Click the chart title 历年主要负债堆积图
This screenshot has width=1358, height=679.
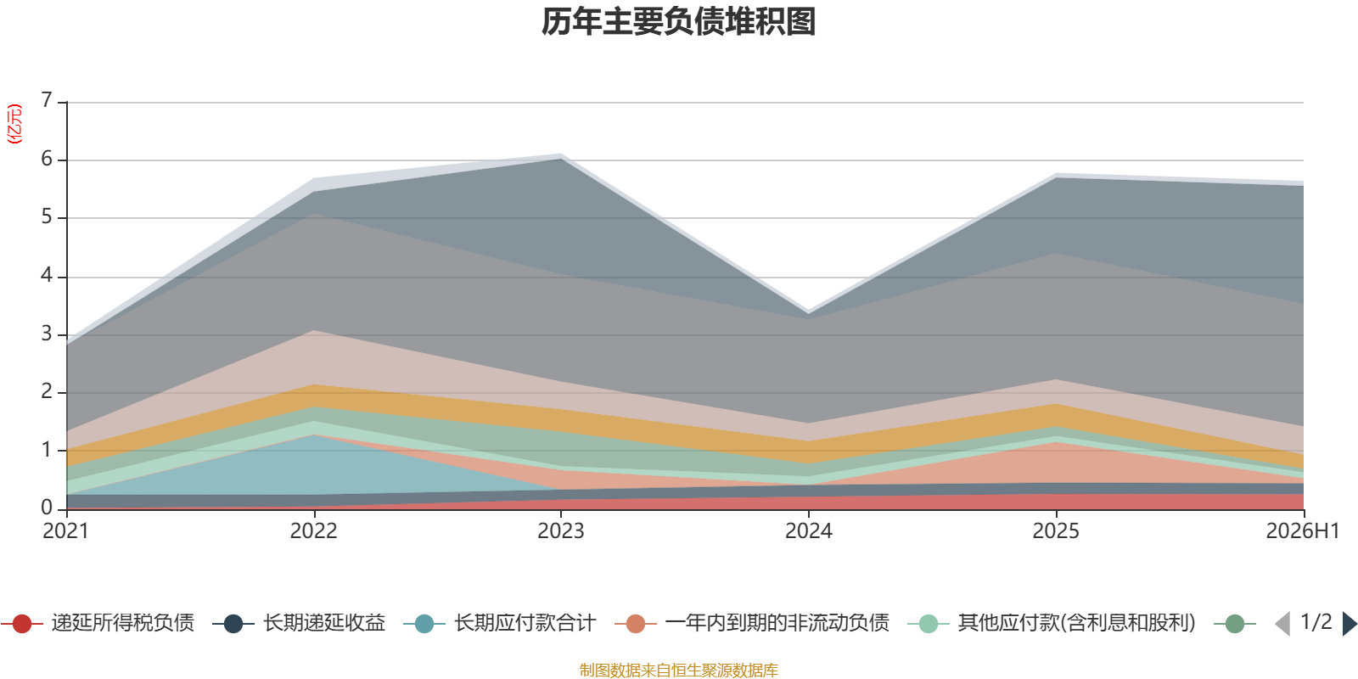tap(678, 22)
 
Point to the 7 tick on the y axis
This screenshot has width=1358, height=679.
tap(47, 99)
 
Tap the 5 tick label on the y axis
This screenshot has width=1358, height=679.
tap(47, 216)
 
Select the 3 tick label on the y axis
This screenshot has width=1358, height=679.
tap(47, 334)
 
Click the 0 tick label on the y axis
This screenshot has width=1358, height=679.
tap(47, 508)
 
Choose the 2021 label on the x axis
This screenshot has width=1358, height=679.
tap(66, 531)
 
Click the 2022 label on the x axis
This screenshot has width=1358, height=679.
tap(313, 531)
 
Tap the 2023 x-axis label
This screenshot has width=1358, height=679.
tap(561, 531)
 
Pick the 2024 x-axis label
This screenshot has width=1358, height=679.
tap(809, 531)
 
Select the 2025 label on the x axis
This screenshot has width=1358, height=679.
tap(1056, 531)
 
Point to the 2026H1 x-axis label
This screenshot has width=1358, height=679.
tap(1302, 531)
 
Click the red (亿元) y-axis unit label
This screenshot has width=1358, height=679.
tap(14, 124)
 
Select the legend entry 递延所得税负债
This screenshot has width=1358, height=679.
tap(98, 623)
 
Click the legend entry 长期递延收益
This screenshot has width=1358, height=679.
tap(299, 623)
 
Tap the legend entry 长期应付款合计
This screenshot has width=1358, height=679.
tap(500, 623)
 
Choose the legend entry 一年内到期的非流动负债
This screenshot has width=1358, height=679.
tap(752, 623)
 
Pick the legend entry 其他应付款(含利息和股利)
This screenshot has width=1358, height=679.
tap(1052, 623)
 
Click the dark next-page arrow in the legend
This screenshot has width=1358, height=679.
tap(1350, 624)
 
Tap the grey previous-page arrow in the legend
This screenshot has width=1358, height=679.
tap(1282, 624)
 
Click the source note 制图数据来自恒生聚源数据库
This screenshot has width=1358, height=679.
tap(678, 670)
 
